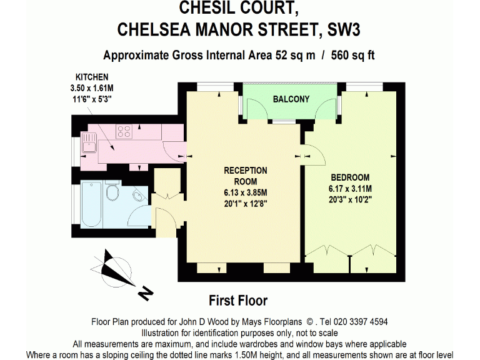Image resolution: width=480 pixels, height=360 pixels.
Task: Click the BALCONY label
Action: pyautogui.click(x=291, y=99)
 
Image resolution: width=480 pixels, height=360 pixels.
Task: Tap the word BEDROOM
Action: pyautogui.click(x=350, y=177)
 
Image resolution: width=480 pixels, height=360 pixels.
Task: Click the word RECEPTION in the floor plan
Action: pyautogui.click(x=246, y=170)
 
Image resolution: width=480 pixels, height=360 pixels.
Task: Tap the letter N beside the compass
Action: pyautogui.click(x=146, y=291)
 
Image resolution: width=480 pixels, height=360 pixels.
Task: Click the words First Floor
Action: pyautogui.click(x=238, y=301)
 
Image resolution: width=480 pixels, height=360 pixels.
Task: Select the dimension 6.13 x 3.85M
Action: pyautogui.click(x=246, y=192)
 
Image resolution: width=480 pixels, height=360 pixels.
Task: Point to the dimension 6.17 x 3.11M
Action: pyautogui.click(x=350, y=188)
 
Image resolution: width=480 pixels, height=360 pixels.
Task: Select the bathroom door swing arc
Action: pyautogui.click(x=136, y=219)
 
